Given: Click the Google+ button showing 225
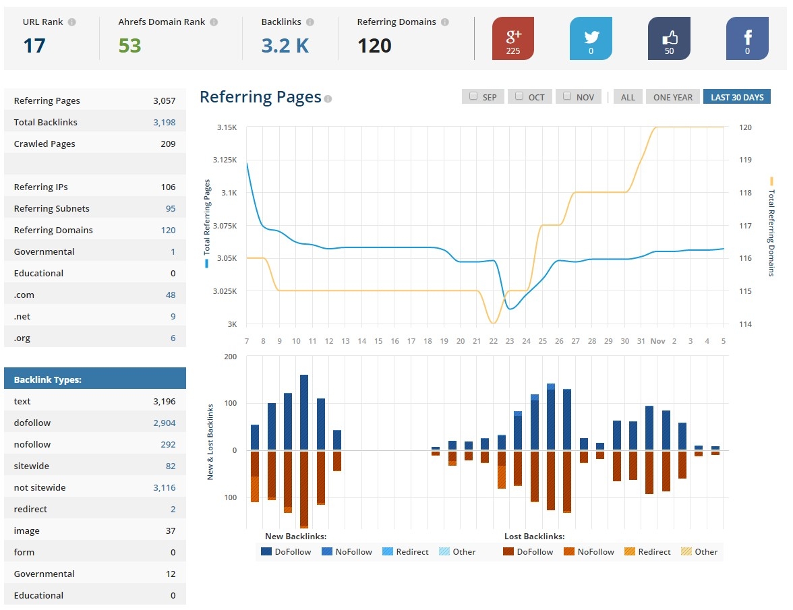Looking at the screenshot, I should pos(512,38).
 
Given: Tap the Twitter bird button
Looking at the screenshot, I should pos(591,38).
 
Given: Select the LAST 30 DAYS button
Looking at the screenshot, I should pos(736,97).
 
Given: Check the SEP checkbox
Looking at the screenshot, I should pos(473,96).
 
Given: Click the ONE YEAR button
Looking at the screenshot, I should pos(672,97).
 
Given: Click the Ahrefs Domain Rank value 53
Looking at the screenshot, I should pos(129,46).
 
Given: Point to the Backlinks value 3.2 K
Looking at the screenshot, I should pos(285,46).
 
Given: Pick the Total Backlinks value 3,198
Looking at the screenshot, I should pos(164,122).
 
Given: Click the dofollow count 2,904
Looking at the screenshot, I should pos(164,423).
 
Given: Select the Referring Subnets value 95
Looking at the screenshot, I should pos(171,208).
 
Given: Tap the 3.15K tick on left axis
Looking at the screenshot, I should pos(227,127).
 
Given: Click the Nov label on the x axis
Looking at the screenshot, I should pos(657,341).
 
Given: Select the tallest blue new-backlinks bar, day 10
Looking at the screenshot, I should pos(304,412).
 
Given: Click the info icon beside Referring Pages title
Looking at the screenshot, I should pos(328,99).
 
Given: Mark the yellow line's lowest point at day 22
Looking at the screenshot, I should pos(494,324).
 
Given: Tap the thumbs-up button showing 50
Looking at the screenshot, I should pos(669,38).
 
